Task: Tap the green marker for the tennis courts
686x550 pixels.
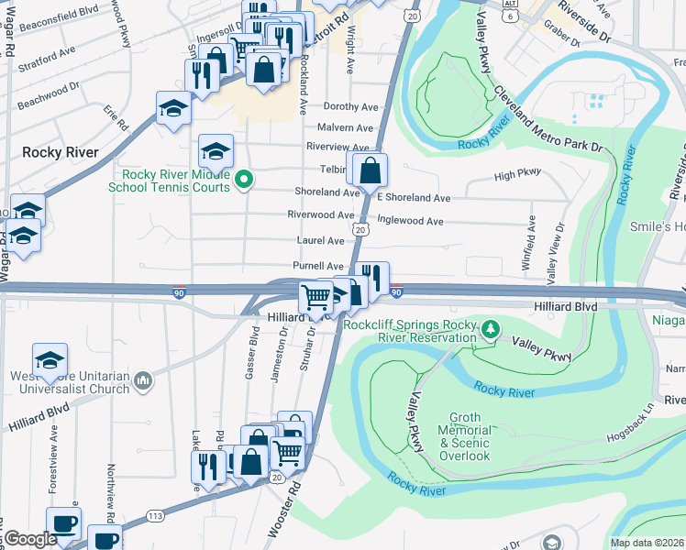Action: pyautogui.click(x=243, y=180)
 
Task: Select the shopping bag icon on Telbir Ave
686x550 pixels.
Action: pyautogui.click(x=370, y=170)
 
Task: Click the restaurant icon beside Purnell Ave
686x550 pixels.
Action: pyautogui.click(x=371, y=278)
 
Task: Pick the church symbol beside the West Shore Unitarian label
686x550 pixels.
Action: pyautogui.click(x=142, y=380)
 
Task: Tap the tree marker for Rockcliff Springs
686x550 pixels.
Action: pyautogui.click(x=492, y=327)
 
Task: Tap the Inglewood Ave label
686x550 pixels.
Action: pyautogui.click(x=410, y=221)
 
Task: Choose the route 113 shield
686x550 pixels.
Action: pyautogui.click(x=154, y=518)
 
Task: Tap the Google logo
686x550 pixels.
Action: pyautogui.click(x=29, y=539)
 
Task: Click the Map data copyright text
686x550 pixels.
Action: pyautogui.click(x=647, y=543)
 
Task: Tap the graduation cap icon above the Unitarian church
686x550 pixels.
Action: pyautogui.click(x=50, y=359)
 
